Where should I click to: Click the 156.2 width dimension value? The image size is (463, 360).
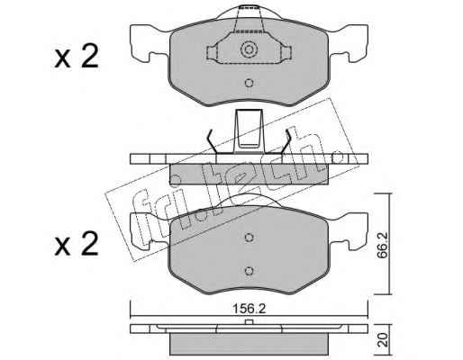(249, 309)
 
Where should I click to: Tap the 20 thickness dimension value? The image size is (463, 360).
(382, 340)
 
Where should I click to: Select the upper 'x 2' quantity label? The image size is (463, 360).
(77, 57)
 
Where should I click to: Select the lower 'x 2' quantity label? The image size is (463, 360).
(77, 244)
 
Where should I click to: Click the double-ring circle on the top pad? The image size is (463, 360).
(249, 49)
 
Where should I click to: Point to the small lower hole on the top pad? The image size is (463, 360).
(249, 83)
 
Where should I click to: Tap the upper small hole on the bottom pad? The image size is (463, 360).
(249, 238)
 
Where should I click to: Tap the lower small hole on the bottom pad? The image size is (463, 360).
(249, 271)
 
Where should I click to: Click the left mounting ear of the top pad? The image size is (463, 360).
(147, 42)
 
